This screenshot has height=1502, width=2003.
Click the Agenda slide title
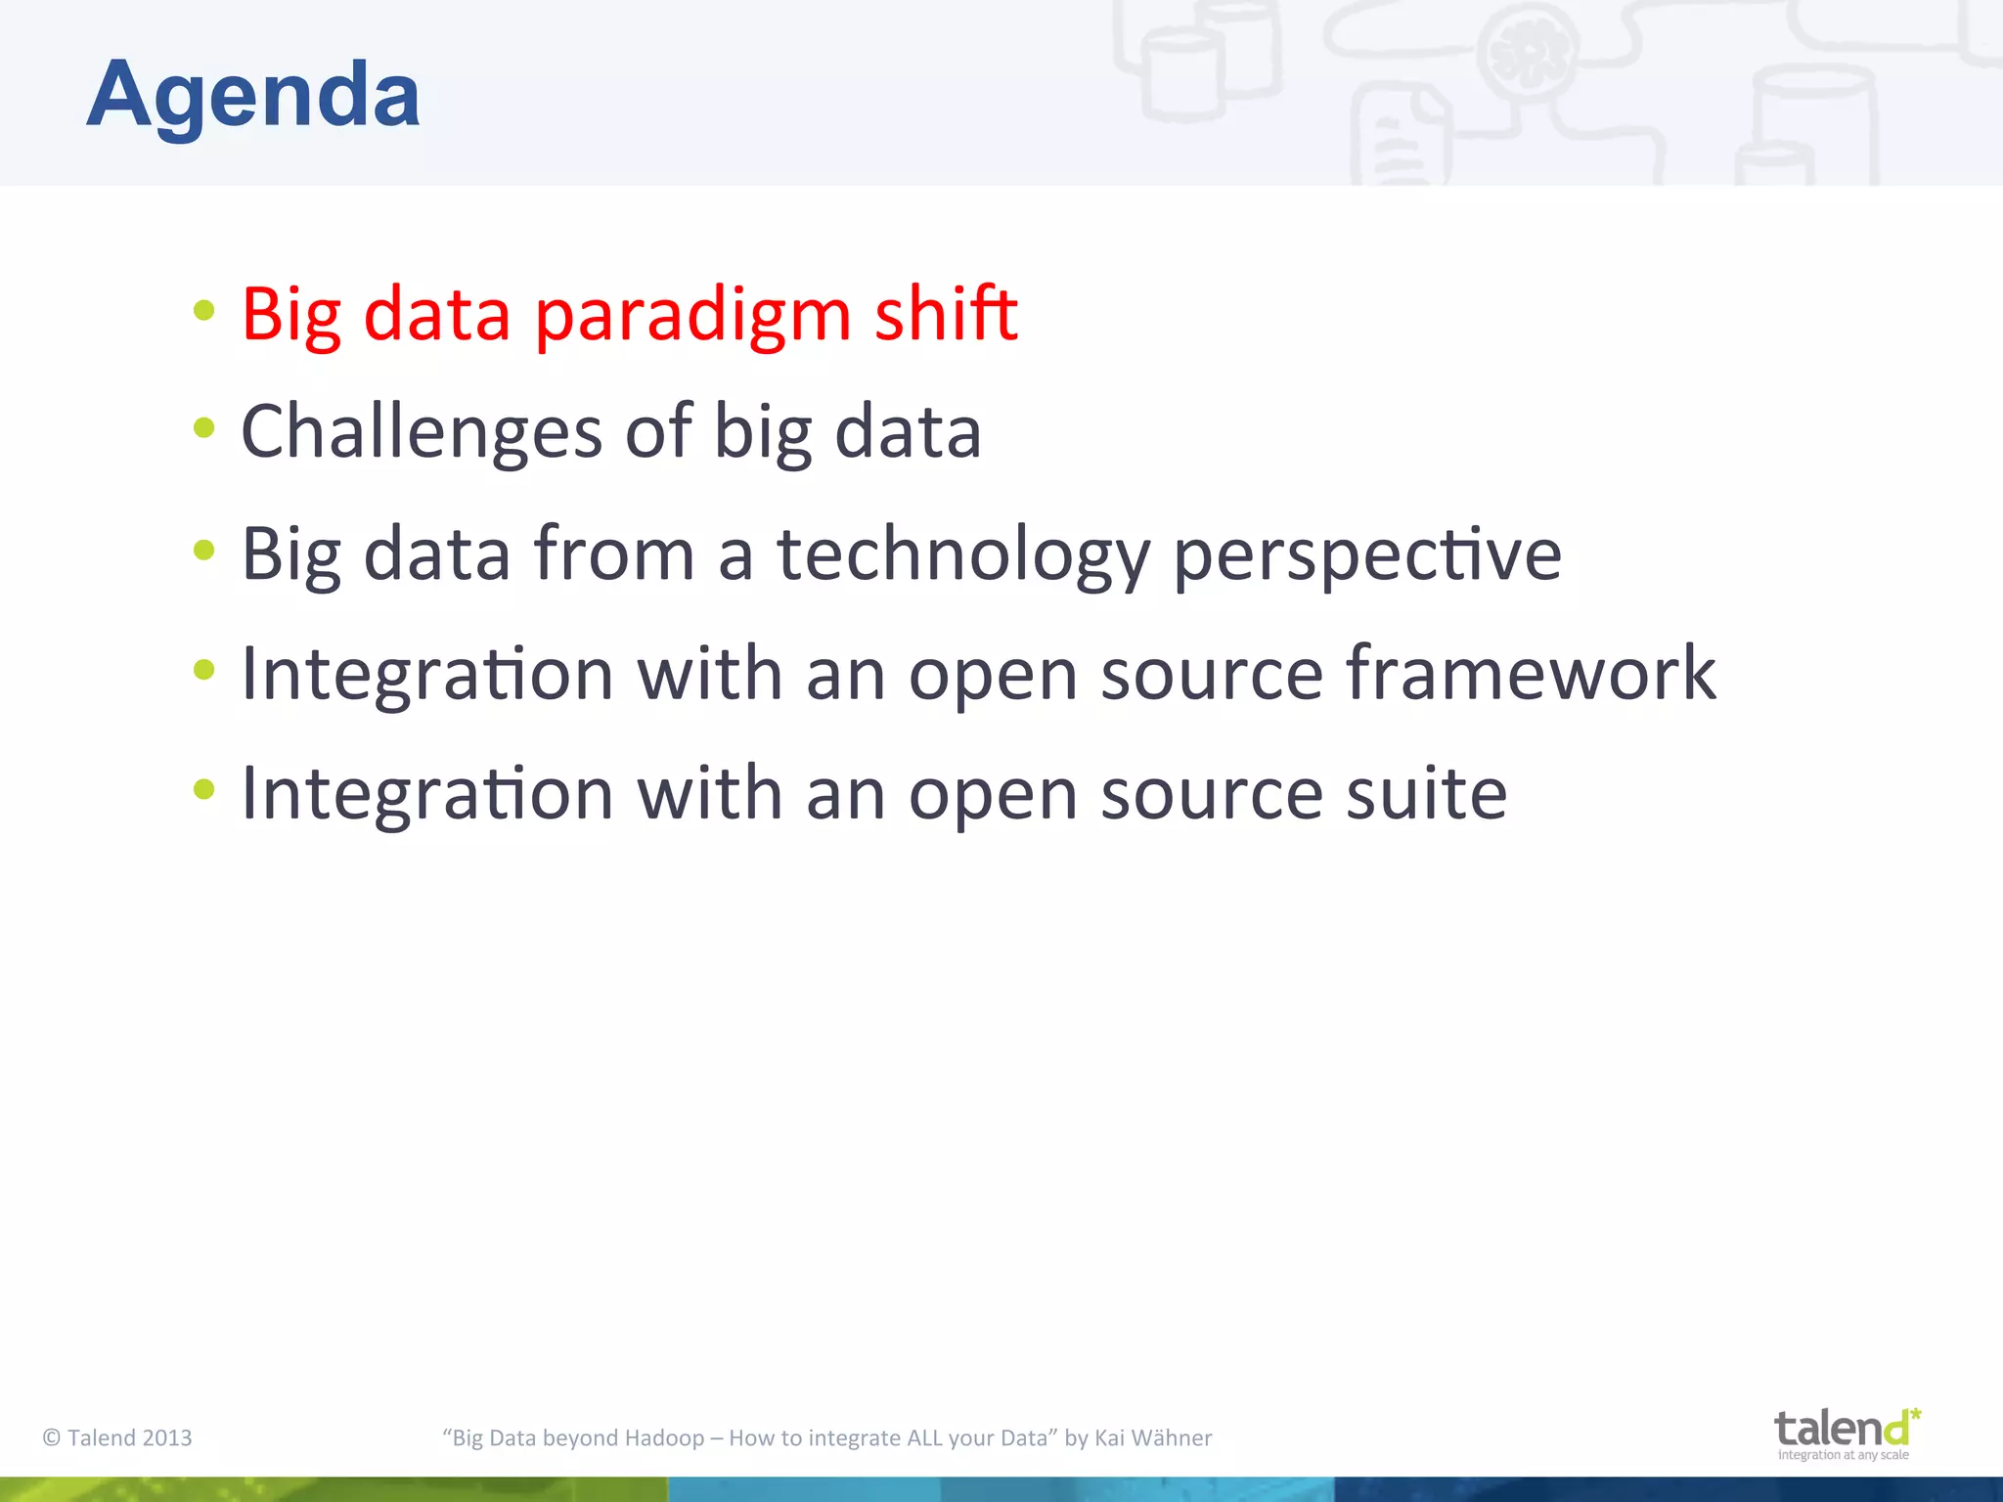pyautogui.click(x=253, y=95)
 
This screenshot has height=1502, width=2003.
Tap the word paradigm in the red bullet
pyautogui.click(x=692, y=315)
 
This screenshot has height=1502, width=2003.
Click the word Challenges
pyautogui.click(x=421, y=432)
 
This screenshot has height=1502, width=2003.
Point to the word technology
pyautogui.click(x=963, y=554)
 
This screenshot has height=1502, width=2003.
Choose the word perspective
pyautogui.click(x=1366, y=554)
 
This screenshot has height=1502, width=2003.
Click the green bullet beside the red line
pyautogui.click(x=203, y=311)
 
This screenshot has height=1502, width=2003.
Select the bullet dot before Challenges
pyautogui.click(x=203, y=427)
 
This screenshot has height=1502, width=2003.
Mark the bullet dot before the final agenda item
pyautogui.click(x=203, y=789)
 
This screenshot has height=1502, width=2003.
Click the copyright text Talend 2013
pyautogui.click(x=117, y=1437)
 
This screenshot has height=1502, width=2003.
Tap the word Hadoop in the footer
pyautogui.click(x=664, y=1437)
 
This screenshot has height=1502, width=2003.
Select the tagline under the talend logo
pyautogui.click(x=1843, y=1455)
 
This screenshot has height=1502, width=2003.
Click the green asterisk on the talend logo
pyautogui.click(x=1915, y=1414)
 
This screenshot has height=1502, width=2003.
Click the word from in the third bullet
pyautogui.click(x=614, y=554)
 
